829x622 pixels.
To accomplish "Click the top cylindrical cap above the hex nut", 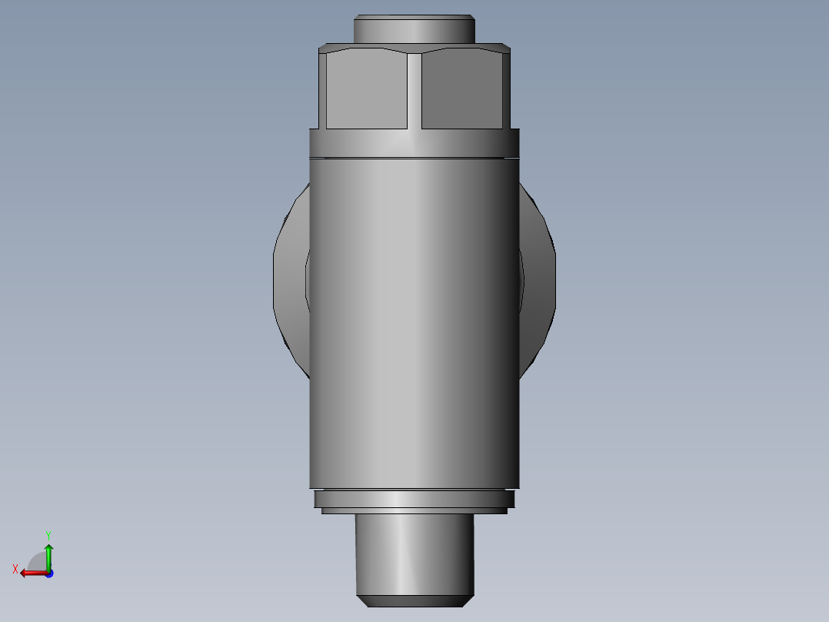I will tap(414, 31).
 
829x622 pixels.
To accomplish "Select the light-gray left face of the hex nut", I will tap(366, 89).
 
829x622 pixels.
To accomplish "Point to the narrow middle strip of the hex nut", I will tap(414, 89).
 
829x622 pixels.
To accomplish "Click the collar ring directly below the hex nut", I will tap(414, 143).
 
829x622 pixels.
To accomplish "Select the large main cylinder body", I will tap(414, 323).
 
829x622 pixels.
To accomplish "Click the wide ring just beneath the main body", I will tap(414, 499).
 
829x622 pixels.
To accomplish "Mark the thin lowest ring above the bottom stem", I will tap(414, 510).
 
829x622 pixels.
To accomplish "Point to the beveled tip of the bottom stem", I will tap(414, 600).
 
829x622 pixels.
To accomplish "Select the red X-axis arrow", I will tap(31, 573).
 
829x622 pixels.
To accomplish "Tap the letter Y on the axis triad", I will tap(48, 534).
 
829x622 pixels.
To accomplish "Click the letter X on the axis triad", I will tap(15, 570).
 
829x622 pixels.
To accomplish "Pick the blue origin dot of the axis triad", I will tap(48, 573).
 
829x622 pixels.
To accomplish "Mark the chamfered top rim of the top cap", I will tap(414, 17).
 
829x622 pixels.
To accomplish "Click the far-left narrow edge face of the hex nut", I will tap(322, 89).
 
